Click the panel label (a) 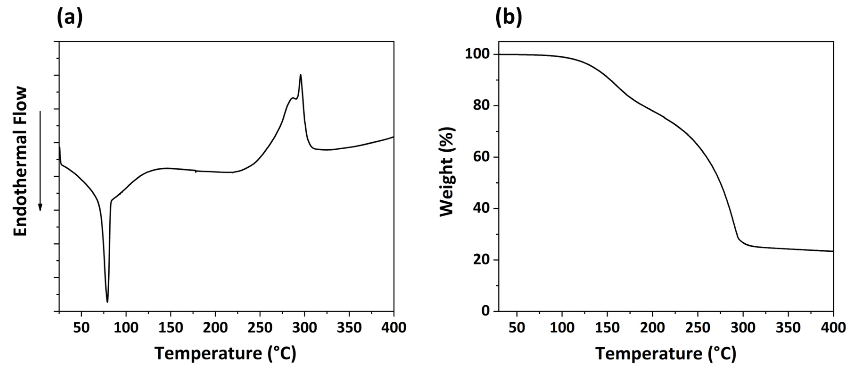(70, 17)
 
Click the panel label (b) (508, 17)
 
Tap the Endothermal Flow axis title (21, 161)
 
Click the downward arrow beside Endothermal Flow (40, 161)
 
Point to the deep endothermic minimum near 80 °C (107, 301)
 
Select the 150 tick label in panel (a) (171, 328)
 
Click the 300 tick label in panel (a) (304, 328)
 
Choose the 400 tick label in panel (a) (393, 328)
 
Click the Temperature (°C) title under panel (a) (226, 354)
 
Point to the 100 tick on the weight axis (477, 54)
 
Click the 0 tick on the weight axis (486, 311)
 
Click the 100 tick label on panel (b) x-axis (562, 328)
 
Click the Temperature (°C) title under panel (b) (666, 354)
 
